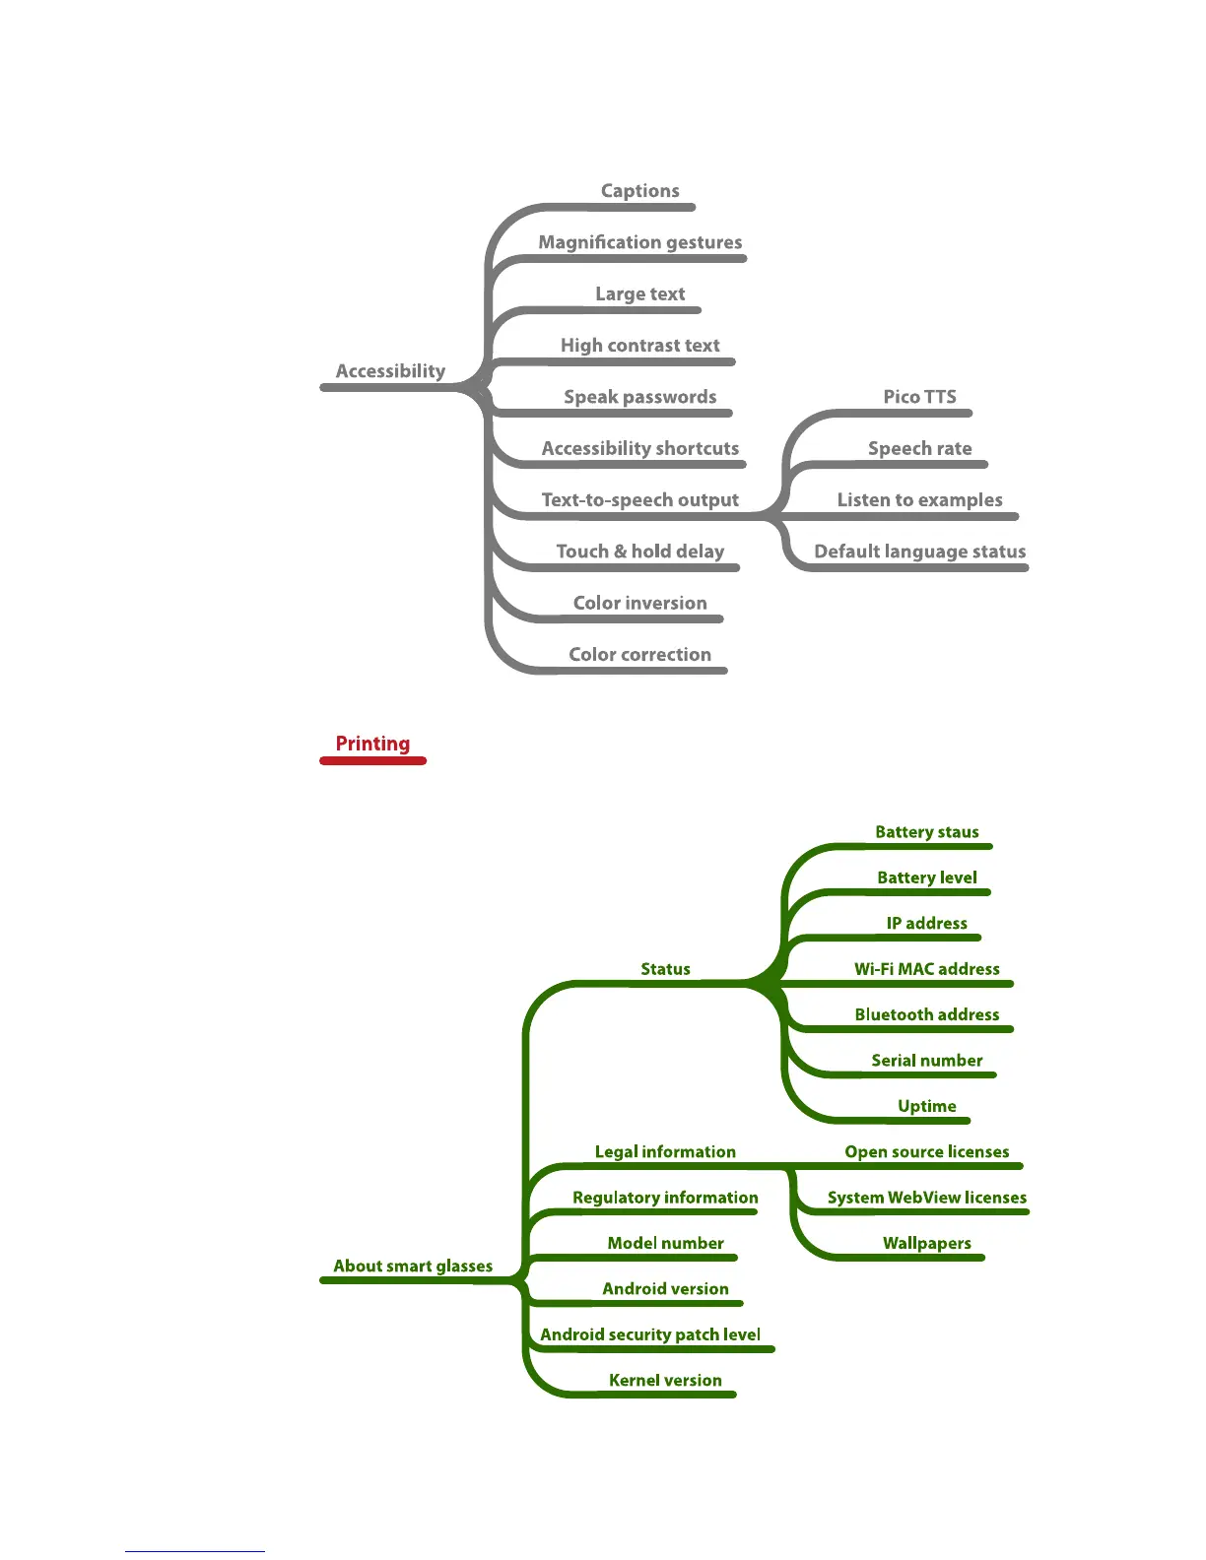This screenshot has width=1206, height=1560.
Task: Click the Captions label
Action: click(639, 191)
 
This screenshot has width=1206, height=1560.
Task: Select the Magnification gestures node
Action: click(639, 242)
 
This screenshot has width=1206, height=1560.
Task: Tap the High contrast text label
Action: click(639, 346)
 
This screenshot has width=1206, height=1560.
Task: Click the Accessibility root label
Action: click(390, 371)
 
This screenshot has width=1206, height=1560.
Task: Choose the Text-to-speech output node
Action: click(639, 500)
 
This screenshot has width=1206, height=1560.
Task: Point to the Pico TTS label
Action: click(919, 397)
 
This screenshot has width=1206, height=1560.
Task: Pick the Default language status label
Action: click(919, 552)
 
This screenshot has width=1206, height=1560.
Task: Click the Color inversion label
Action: click(639, 603)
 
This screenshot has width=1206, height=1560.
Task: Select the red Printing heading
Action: click(372, 744)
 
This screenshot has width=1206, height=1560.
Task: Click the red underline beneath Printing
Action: click(372, 761)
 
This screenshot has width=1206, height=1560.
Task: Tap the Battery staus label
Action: click(926, 832)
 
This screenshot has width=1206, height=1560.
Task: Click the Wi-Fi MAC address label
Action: click(926, 969)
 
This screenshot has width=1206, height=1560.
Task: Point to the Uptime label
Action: click(926, 1106)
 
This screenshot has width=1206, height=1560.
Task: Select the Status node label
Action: click(665, 969)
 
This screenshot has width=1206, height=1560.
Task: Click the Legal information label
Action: click(665, 1152)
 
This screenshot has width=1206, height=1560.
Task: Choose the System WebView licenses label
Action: click(926, 1198)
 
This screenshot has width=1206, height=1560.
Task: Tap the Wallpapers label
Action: click(926, 1243)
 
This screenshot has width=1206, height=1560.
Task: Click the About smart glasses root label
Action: click(413, 1267)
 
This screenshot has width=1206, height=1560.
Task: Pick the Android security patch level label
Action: click(650, 1334)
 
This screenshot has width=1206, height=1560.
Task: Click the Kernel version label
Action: click(665, 1381)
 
